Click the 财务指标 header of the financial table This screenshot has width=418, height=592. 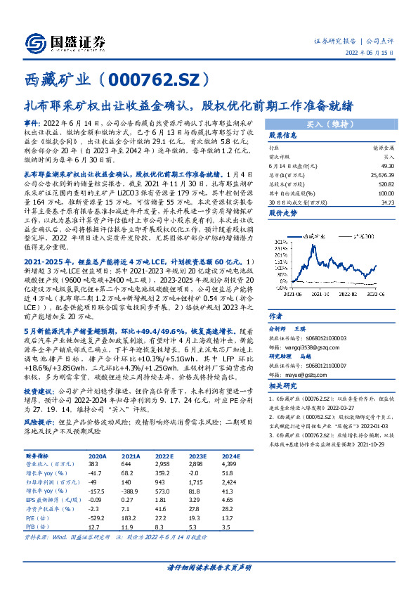click(x=43, y=456)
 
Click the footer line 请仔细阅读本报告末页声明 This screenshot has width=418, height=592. click(x=209, y=567)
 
